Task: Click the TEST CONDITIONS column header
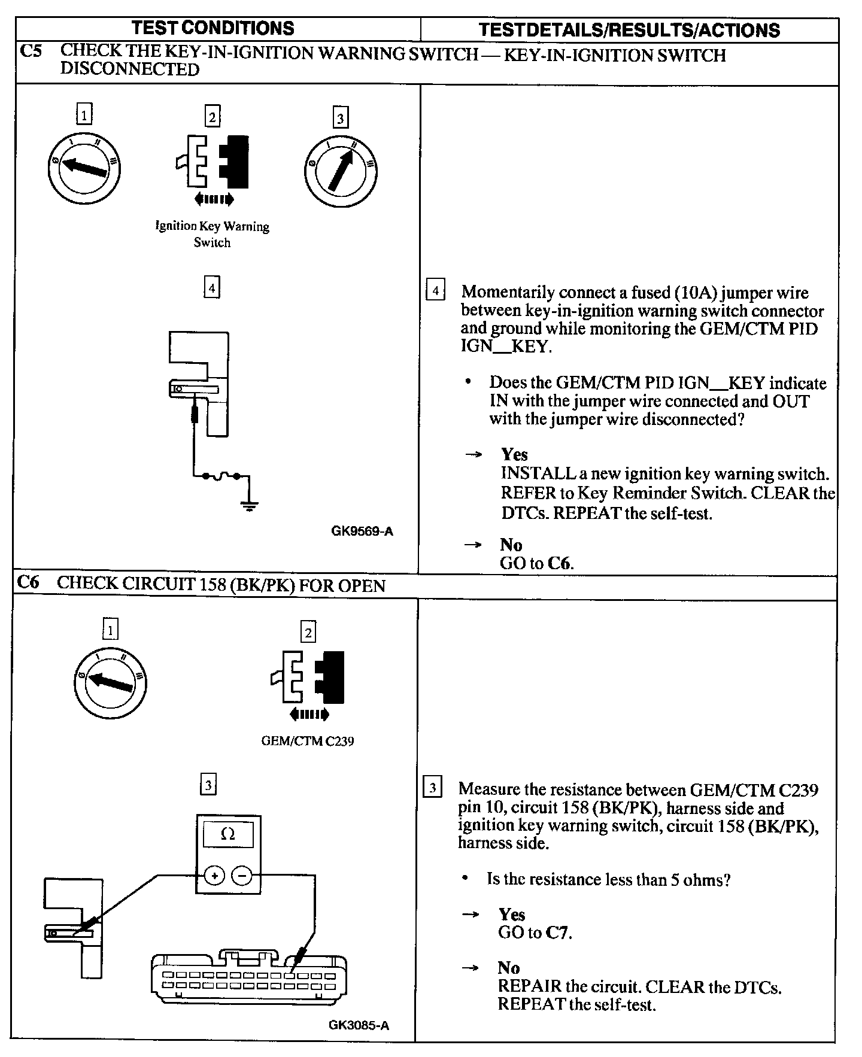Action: pos(213,28)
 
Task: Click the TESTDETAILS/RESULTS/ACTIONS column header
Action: pos(630,30)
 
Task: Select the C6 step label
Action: pos(28,582)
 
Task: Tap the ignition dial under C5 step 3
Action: pos(341,171)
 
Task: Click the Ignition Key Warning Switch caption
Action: pos(213,234)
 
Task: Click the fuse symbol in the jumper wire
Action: pos(221,476)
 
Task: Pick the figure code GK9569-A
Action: pos(362,531)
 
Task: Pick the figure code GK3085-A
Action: pos(359,1025)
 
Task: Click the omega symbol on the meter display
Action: pos(228,834)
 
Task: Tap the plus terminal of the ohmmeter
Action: pos(214,876)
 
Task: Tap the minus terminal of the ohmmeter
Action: pos(242,876)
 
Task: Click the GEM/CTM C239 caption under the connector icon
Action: pos(307,741)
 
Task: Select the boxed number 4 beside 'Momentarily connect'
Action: pos(435,291)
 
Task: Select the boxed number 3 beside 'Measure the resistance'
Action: pos(432,786)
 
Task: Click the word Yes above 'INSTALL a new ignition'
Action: pos(514,454)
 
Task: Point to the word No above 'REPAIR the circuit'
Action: pos(508,968)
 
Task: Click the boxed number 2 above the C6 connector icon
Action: pos(308,632)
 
